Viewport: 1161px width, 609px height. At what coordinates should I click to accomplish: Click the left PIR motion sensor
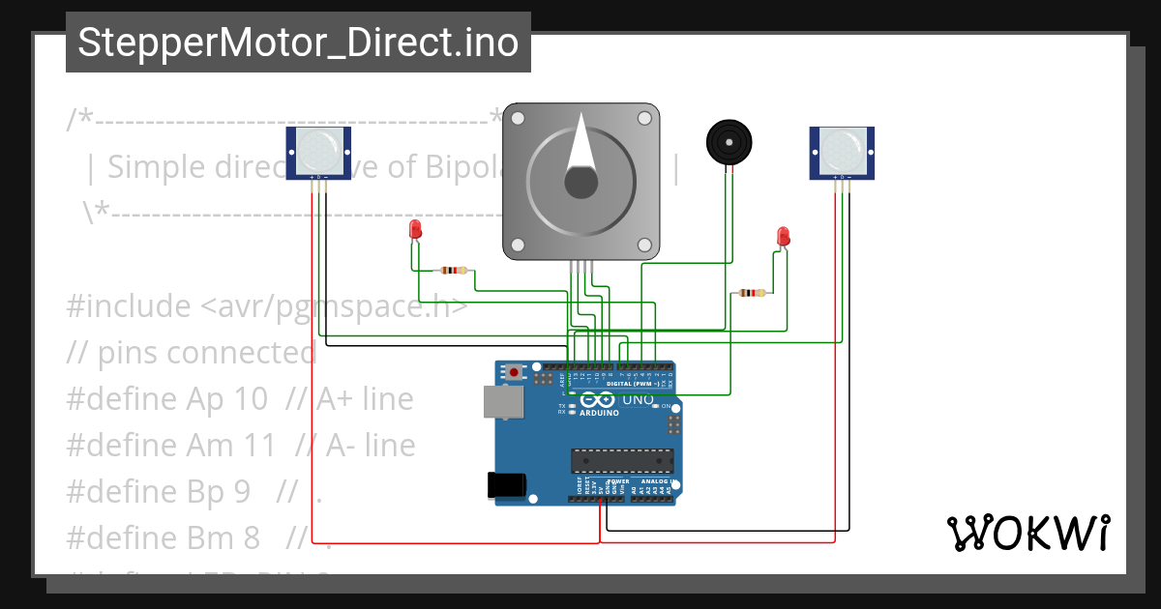(x=318, y=153)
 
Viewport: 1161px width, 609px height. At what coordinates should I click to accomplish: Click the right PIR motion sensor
(x=841, y=153)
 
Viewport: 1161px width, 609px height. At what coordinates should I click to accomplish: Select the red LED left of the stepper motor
(x=415, y=229)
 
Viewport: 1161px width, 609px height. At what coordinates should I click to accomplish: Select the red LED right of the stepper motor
(x=783, y=236)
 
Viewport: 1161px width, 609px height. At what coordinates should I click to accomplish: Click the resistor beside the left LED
(x=453, y=271)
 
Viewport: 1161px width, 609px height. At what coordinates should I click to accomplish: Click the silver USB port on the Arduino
(x=503, y=403)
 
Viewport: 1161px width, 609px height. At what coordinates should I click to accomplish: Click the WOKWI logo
(x=1028, y=534)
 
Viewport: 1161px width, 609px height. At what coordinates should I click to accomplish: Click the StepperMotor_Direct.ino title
(x=298, y=43)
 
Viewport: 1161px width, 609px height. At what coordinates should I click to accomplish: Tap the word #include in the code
(x=129, y=306)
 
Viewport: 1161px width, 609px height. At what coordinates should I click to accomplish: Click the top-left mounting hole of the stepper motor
(x=519, y=119)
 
